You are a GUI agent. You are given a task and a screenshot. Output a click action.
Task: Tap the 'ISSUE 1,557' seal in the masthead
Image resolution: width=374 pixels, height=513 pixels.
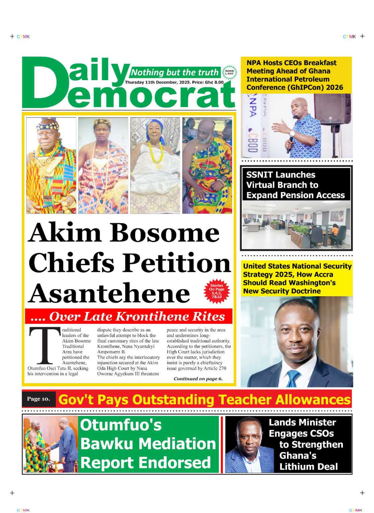pyautogui.click(x=229, y=72)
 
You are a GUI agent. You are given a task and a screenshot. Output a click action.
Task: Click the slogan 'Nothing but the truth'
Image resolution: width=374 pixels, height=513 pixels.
pyautogui.click(x=174, y=72)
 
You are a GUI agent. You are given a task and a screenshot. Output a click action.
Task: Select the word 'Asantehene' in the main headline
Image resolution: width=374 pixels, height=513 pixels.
pyautogui.click(x=109, y=293)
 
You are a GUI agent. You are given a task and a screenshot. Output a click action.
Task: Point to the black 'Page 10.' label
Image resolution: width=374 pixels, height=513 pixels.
pyautogui.click(x=38, y=399)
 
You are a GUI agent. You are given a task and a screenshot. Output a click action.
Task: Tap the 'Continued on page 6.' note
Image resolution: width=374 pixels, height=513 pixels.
pyautogui.click(x=198, y=379)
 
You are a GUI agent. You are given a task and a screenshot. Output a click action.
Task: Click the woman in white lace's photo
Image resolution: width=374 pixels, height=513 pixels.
pyautogui.click(x=155, y=165)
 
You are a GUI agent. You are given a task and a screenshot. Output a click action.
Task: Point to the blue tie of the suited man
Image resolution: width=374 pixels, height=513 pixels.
pyautogui.click(x=293, y=378)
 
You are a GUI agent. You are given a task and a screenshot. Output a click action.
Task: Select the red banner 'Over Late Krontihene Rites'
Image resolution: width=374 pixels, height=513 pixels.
pyautogui.click(x=128, y=316)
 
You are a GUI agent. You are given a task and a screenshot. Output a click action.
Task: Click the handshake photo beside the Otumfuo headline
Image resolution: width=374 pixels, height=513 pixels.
pyautogui.click(x=50, y=444)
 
